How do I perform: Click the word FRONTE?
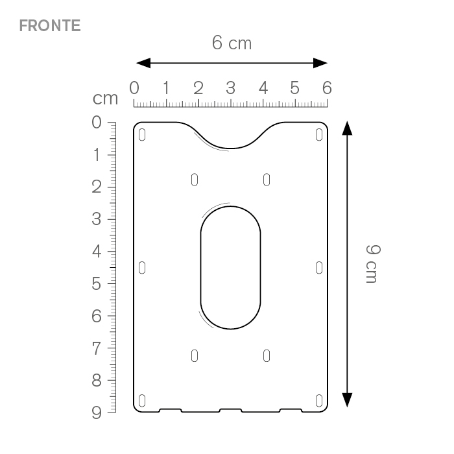50,25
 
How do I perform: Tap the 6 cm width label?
232,43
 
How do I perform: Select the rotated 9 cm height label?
373,264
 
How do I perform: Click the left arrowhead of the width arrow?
143,63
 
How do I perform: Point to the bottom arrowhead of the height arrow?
347,400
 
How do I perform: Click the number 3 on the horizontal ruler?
230,88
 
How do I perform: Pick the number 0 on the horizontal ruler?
134,88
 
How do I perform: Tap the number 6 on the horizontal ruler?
327,88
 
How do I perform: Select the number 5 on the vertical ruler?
97,283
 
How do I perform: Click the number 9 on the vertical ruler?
97,412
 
